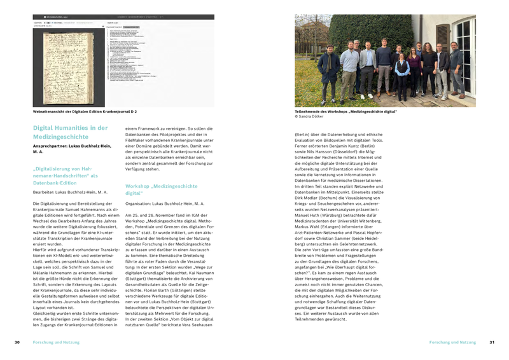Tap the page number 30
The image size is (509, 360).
coord(17,342)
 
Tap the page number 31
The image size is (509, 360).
coord(491,342)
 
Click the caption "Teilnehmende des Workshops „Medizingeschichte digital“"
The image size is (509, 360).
coord(346,111)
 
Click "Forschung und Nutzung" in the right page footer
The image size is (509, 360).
coord(452,342)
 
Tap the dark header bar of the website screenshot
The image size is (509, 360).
coord(123,17)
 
